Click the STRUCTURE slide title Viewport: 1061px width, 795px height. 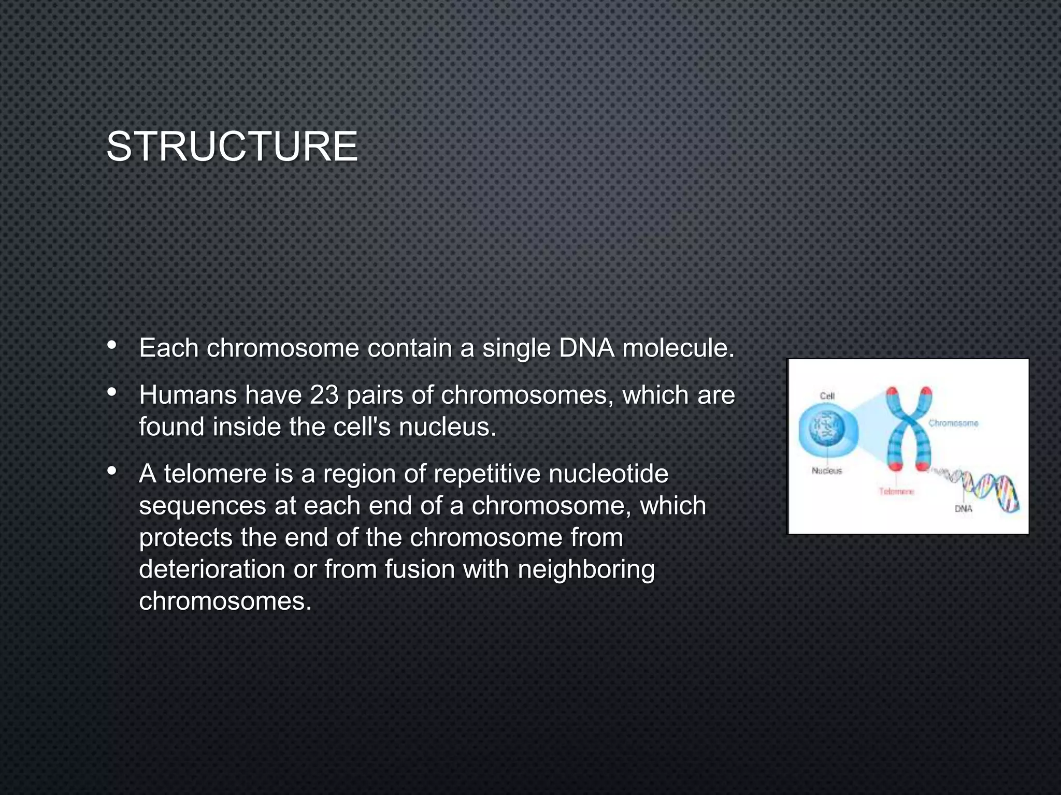tap(232, 147)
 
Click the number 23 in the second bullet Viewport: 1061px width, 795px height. tap(324, 395)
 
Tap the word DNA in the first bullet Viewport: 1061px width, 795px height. tap(586, 348)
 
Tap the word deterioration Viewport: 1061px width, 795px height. tap(212, 569)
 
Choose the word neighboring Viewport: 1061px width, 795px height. tap(586, 569)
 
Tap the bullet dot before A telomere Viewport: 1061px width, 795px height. tap(111, 471)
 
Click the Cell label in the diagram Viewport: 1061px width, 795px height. tap(827, 396)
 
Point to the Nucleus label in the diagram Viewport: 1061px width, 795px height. tap(827, 470)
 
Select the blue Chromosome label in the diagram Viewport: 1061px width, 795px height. tap(953, 423)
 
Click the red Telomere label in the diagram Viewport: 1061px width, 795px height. tap(896, 491)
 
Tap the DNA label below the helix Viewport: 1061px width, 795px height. tap(963, 509)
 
